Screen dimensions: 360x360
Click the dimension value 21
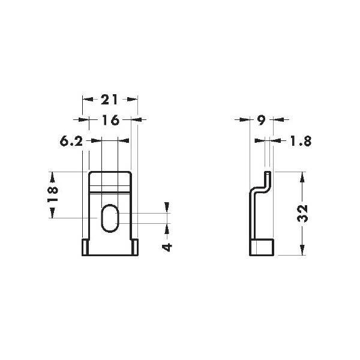pos(109,100)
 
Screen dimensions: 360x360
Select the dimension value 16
pos(111,120)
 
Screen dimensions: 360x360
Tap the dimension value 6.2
pos(71,141)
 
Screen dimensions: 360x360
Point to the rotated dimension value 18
pos(53,193)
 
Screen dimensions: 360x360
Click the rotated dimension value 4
pos(167,247)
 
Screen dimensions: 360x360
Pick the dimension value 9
pos(261,120)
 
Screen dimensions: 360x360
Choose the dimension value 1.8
pos(301,141)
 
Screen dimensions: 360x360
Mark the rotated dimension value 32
pos(302,214)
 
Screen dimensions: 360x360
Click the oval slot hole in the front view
pos(110,218)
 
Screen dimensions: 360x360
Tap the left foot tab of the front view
pos(85,247)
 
